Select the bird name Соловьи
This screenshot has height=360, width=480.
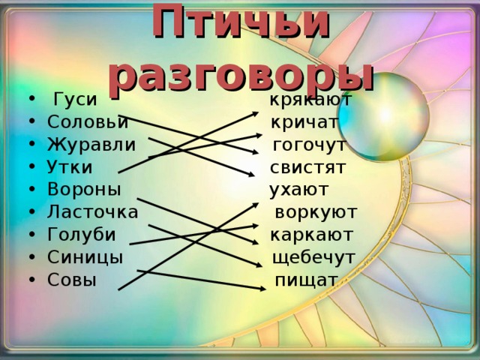coord(87,122)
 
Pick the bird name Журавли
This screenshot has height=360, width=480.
coord(91,144)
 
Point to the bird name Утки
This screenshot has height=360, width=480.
coord(70,166)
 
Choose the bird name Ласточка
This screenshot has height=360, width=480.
coord(92,211)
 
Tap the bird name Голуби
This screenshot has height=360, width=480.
coord(81,235)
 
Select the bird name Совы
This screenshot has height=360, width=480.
coord(71,280)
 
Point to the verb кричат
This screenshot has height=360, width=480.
coord(304,122)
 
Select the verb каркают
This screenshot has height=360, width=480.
coord(311,235)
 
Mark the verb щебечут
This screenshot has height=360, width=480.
coord(313,257)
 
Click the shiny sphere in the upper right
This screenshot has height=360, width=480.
coord(391,117)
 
